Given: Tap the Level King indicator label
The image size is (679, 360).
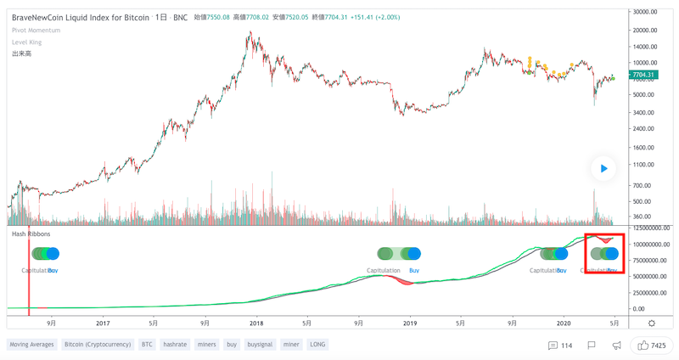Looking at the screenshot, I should click(x=26, y=42).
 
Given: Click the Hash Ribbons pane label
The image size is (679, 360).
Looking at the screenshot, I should click(x=30, y=233).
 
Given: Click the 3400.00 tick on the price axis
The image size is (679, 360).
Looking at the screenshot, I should click(x=643, y=112).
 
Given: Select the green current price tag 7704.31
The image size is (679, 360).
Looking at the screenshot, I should click(x=643, y=75).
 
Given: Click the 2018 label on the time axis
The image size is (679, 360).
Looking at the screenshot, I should click(x=255, y=323).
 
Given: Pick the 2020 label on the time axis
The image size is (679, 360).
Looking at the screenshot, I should click(x=563, y=323).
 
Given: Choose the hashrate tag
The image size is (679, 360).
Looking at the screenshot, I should click(x=174, y=345).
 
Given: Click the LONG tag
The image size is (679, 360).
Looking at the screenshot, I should click(x=317, y=345).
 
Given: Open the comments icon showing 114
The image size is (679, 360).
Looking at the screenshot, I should click(x=560, y=346).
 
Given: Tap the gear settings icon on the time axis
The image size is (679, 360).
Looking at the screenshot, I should click(x=651, y=323).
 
